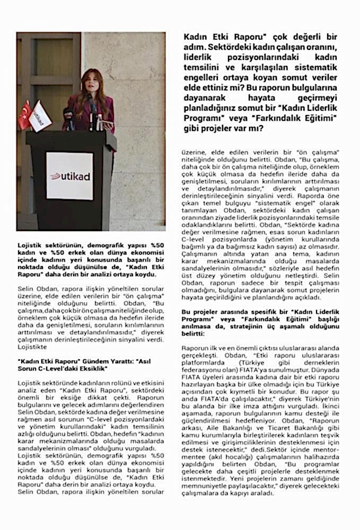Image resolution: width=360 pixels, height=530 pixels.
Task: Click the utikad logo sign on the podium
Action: point(69,176)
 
